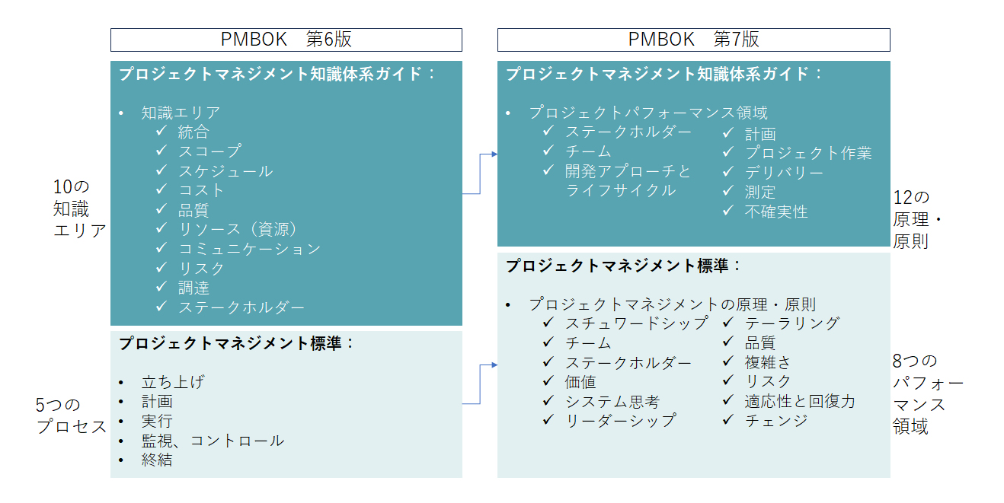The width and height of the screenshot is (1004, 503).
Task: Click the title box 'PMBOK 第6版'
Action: click(x=286, y=40)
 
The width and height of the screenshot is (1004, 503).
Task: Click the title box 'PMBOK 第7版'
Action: click(x=693, y=40)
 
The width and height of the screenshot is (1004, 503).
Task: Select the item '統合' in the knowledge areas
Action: click(x=193, y=132)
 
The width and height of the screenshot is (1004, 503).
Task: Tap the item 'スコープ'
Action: click(x=209, y=151)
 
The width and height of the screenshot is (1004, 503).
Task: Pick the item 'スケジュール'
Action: click(x=225, y=171)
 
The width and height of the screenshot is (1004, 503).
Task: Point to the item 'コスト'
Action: click(x=201, y=190)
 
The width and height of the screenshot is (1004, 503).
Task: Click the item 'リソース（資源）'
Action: click(x=238, y=229)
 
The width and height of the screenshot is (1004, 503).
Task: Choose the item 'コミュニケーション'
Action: click(x=250, y=249)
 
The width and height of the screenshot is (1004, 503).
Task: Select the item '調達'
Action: click(x=193, y=288)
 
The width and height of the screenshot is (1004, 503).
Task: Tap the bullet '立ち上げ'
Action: click(x=173, y=382)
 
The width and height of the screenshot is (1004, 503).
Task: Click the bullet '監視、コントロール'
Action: click(x=213, y=441)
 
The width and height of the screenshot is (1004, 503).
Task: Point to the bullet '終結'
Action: click(x=157, y=460)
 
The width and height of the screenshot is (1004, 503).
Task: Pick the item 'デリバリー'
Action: click(x=784, y=173)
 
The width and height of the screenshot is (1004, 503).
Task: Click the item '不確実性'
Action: click(x=776, y=212)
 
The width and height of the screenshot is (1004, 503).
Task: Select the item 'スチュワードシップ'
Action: click(x=637, y=323)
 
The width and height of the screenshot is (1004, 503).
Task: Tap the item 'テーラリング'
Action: click(x=792, y=323)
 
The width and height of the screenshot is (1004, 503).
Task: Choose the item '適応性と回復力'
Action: click(x=800, y=401)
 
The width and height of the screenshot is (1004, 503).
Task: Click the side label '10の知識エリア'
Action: click(x=79, y=209)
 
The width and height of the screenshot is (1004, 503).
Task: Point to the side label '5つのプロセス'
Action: click(x=71, y=415)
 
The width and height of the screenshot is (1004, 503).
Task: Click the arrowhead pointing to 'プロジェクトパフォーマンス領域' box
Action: click(x=494, y=154)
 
